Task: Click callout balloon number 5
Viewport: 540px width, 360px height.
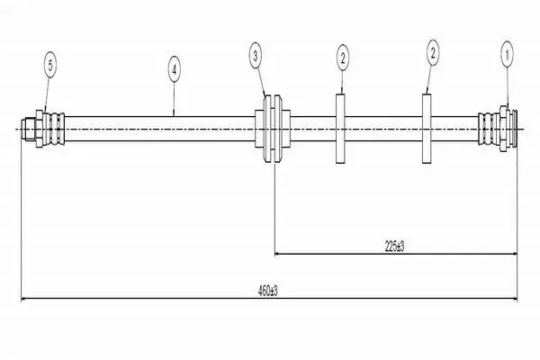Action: [x=50, y=65]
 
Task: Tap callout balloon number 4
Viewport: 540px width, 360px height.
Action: [x=175, y=69]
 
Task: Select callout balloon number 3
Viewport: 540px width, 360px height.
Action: [x=256, y=56]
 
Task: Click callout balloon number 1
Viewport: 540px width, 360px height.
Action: [x=507, y=54]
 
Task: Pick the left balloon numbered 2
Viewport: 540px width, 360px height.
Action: [x=342, y=58]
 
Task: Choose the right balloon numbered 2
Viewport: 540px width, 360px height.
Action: [x=433, y=53]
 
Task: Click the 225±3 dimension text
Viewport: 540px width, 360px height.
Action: [x=394, y=247]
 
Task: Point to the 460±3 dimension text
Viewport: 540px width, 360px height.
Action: [x=267, y=291]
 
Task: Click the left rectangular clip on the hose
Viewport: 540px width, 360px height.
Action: [x=340, y=129]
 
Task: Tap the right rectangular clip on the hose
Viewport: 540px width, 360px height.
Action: [x=427, y=129]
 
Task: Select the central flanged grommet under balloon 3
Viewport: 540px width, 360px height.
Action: [x=273, y=129]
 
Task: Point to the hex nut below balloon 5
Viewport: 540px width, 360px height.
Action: [x=40, y=129]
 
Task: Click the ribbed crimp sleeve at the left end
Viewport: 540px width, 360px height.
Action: [x=54, y=129]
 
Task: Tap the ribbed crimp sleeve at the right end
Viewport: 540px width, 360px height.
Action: [x=489, y=129]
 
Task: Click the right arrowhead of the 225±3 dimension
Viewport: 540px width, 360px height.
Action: [x=515, y=254]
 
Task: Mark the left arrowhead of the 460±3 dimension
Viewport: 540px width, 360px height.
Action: [x=24, y=299]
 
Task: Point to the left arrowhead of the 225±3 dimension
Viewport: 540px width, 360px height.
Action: [x=277, y=254]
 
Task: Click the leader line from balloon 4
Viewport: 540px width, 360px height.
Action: [x=174, y=99]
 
